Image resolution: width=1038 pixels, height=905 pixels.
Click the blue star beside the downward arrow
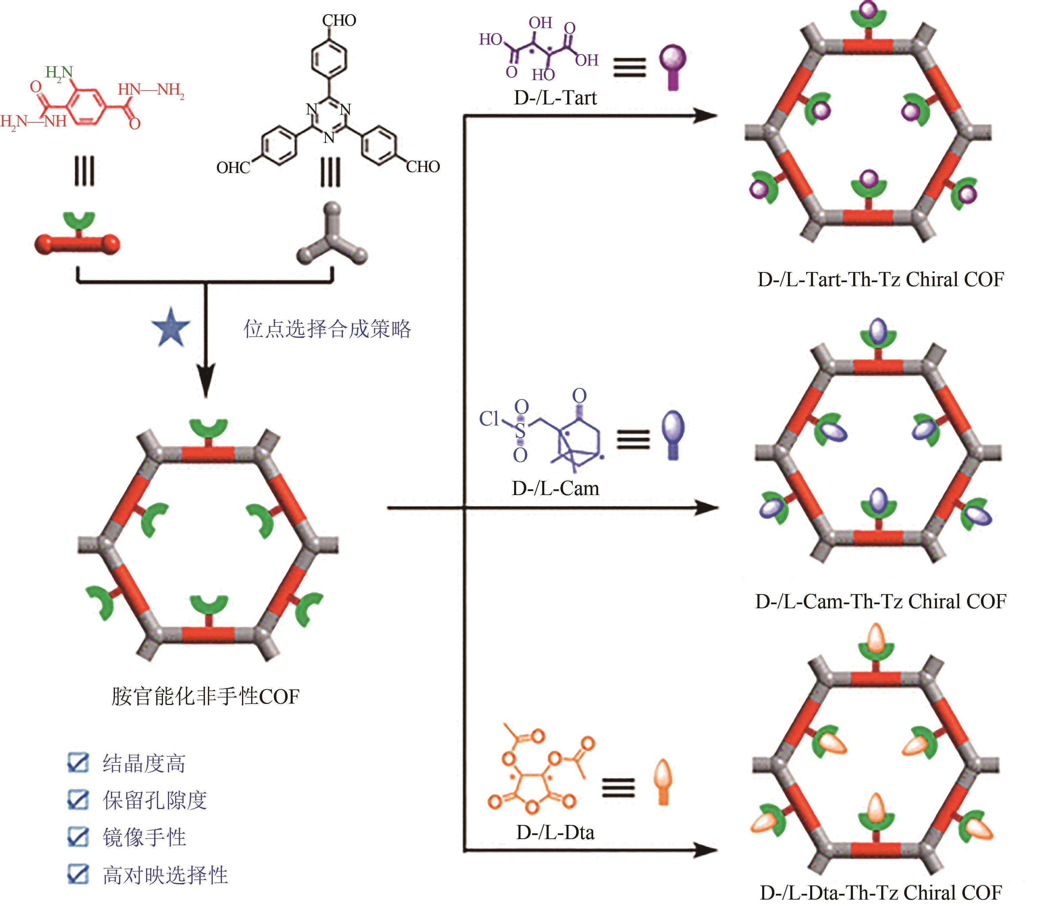coord(171,327)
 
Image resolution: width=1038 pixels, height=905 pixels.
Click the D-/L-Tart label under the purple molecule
coord(555,97)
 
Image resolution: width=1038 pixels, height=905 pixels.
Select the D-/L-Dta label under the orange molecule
coord(555,832)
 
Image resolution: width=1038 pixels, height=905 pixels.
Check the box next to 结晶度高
coord(78,763)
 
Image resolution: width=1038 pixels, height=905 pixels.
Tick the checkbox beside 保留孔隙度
coord(78,800)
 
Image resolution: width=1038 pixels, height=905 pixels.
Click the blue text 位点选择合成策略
coord(327,329)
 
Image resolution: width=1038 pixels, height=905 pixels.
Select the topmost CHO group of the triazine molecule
coord(339,21)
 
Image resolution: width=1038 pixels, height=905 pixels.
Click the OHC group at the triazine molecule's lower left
coord(233,168)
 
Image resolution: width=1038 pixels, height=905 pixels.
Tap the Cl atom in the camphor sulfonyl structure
coord(488,418)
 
